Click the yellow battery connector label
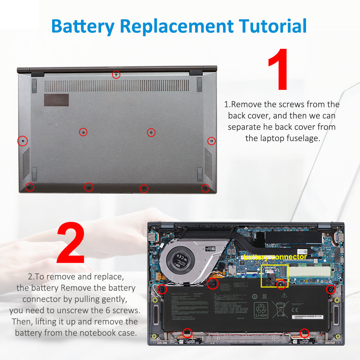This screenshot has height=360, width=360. (275, 257)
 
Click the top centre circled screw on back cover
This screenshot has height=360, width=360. (116, 75)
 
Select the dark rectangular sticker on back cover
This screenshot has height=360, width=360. (57, 100)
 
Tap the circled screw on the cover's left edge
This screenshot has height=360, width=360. (22, 141)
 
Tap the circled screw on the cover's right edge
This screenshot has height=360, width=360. (212, 141)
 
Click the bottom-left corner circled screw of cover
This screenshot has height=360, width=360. (30, 187)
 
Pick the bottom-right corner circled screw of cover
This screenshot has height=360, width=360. (205, 188)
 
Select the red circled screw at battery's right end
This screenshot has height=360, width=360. (330, 289)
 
